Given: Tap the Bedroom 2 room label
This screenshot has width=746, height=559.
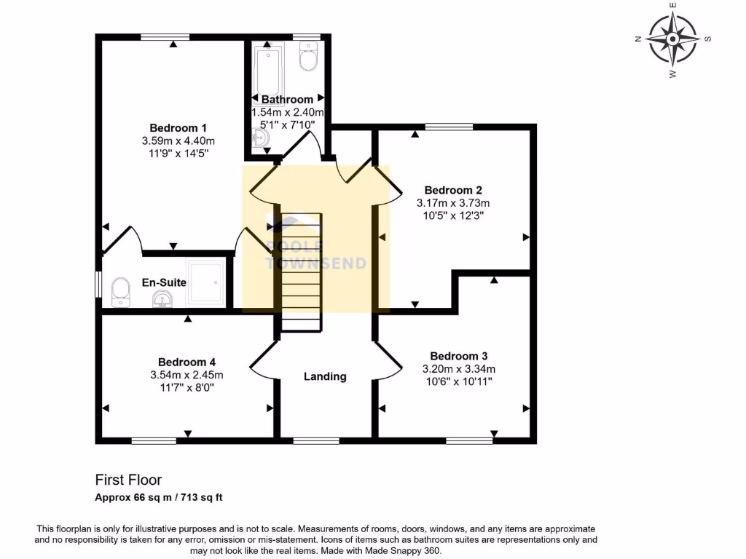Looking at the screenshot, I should click(x=453, y=190).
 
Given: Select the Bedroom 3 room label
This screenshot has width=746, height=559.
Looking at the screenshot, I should click(x=458, y=356).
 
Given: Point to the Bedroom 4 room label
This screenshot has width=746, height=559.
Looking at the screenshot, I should click(x=186, y=362).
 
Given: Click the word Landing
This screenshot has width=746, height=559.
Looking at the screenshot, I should click(x=325, y=376).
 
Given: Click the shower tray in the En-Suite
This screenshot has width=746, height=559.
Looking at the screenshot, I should click(x=207, y=282).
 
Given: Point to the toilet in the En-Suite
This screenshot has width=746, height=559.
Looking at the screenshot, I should click(x=119, y=293).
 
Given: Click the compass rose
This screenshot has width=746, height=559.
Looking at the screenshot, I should click(x=672, y=39).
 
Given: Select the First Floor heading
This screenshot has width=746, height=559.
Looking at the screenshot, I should click(x=128, y=480).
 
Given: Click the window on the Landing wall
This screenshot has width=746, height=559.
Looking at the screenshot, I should click(x=315, y=440).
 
